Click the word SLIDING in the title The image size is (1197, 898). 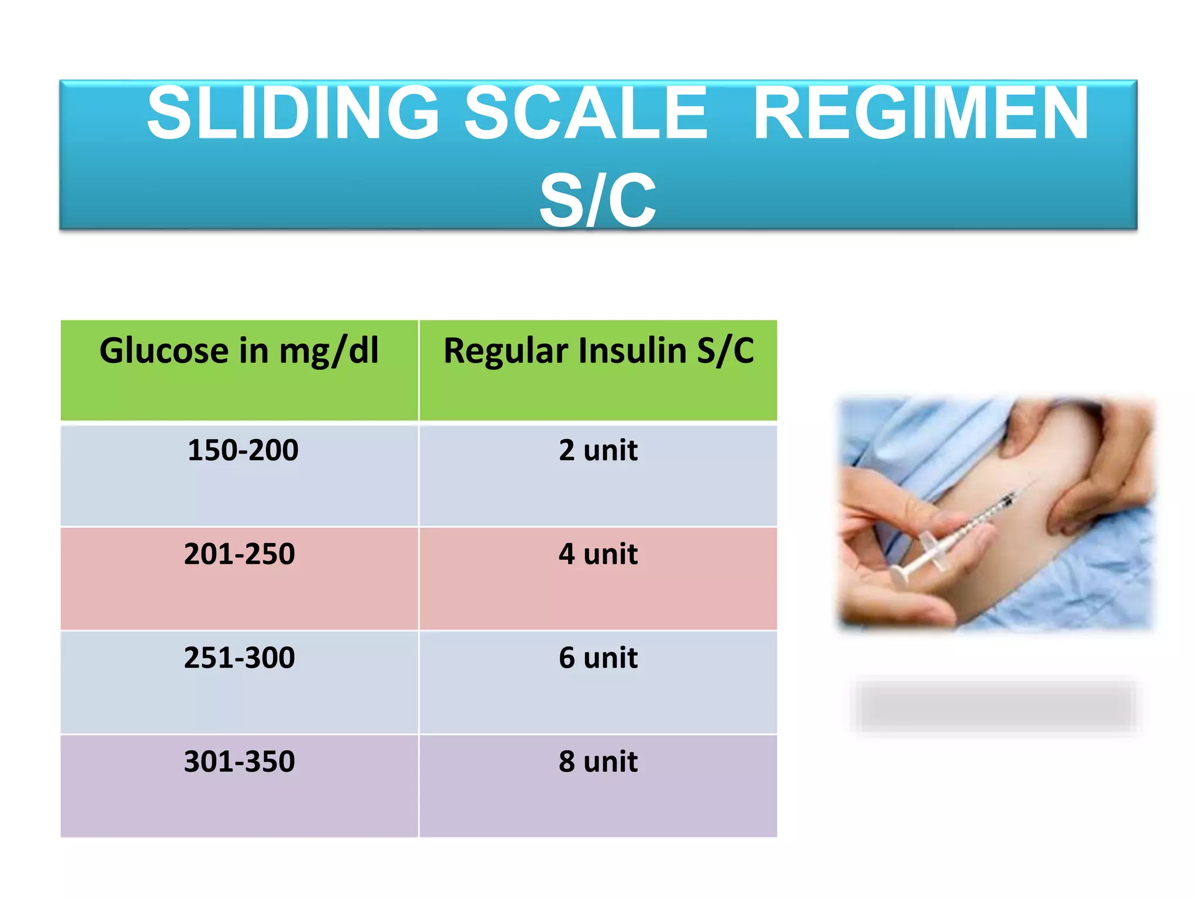tap(292, 113)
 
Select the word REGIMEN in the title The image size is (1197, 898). tap(921, 113)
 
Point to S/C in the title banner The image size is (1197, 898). tap(597, 201)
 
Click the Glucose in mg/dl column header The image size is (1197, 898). tap(239, 351)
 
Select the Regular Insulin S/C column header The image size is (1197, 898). tap(598, 351)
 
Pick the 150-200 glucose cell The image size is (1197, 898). tap(243, 450)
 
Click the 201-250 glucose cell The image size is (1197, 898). tap(239, 554)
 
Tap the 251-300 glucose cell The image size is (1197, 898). tap(239, 657)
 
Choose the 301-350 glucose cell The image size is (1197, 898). tap(239, 761)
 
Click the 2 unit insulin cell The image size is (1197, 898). tap(598, 450)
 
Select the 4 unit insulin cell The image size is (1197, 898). tap(598, 554)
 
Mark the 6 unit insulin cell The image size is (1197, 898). tap(598, 657)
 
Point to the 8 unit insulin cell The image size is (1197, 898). tap(598, 761)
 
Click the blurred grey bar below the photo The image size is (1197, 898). tap(996, 706)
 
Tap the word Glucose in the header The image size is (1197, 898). tap(164, 351)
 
